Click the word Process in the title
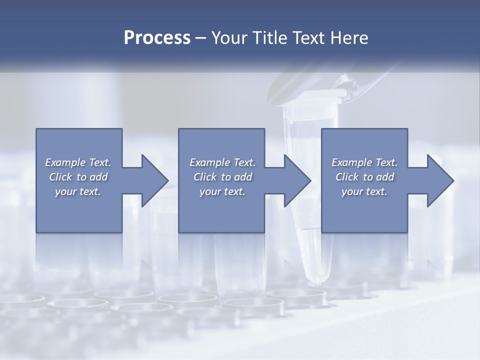157,38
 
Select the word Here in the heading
348,38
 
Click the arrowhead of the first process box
155,180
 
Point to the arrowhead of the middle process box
297,180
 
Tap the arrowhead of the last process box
440,180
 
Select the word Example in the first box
65,162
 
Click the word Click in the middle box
204,177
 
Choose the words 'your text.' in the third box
364,191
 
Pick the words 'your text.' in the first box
78,191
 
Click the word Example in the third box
352,162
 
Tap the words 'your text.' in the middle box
222,191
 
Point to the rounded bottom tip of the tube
318,278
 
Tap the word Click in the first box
60,177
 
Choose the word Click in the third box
346,177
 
